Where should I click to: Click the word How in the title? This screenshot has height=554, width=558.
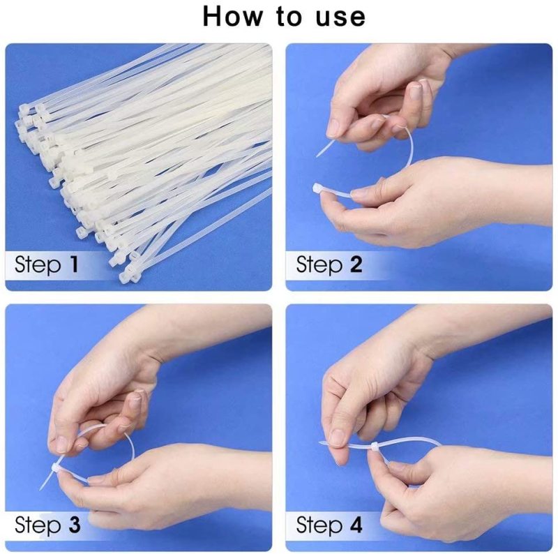(x=232, y=17)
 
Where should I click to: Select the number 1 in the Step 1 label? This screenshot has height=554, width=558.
(x=74, y=264)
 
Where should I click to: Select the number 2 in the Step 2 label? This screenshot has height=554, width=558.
(x=356, y=264)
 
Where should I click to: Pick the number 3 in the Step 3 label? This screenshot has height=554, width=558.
(x=74, y=525)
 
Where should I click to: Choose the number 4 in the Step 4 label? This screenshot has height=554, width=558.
(x=356, y=525)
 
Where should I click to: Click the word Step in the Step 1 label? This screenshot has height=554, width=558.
(x=38, y=265)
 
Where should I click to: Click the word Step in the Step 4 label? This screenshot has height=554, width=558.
(x=319, y=525)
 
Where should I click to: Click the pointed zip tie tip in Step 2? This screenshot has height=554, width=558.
(x=317, y=155)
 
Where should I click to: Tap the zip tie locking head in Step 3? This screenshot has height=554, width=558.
(x=57, y=468)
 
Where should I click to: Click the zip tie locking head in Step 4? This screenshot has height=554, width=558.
(x=375, y=447)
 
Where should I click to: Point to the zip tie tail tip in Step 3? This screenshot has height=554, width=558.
(x=41, y=488)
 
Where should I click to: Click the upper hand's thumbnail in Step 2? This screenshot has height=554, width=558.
(x=334, y=128)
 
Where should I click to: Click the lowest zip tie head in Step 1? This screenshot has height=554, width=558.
(x=126, y=276)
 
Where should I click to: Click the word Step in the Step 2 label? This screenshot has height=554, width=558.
(x=319, y=265)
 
